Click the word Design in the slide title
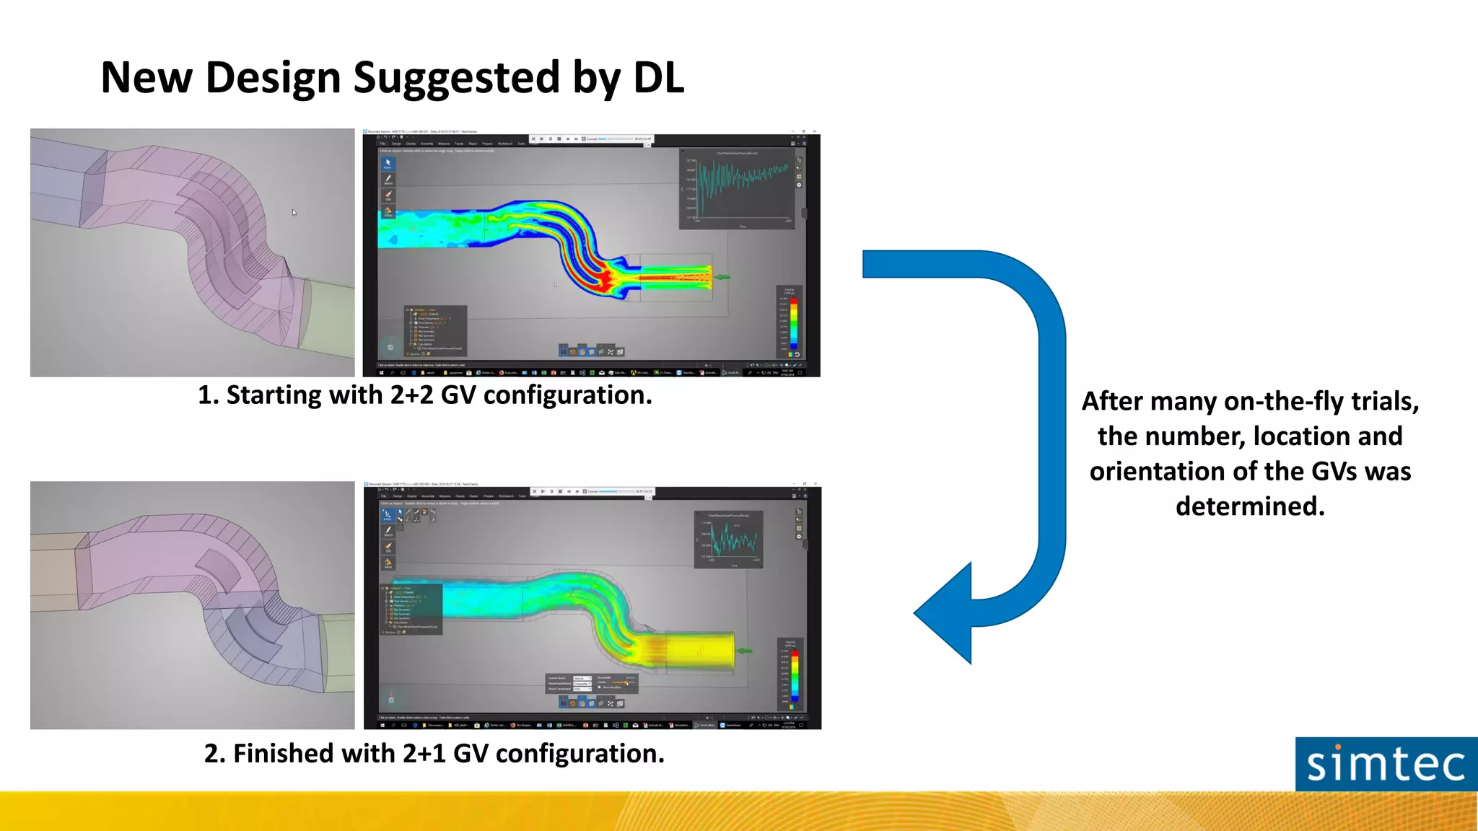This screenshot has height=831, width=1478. click(274, 78)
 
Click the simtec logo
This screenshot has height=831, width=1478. click(1386, 764)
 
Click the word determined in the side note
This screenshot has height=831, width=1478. click(1250, 506)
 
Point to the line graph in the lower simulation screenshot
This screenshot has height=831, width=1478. click(729, 540)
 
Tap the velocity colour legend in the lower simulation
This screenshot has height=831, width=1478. click(794, 674)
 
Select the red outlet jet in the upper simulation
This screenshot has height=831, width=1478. click(675, 277)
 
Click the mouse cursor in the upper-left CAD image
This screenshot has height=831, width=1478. click(294, 212)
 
